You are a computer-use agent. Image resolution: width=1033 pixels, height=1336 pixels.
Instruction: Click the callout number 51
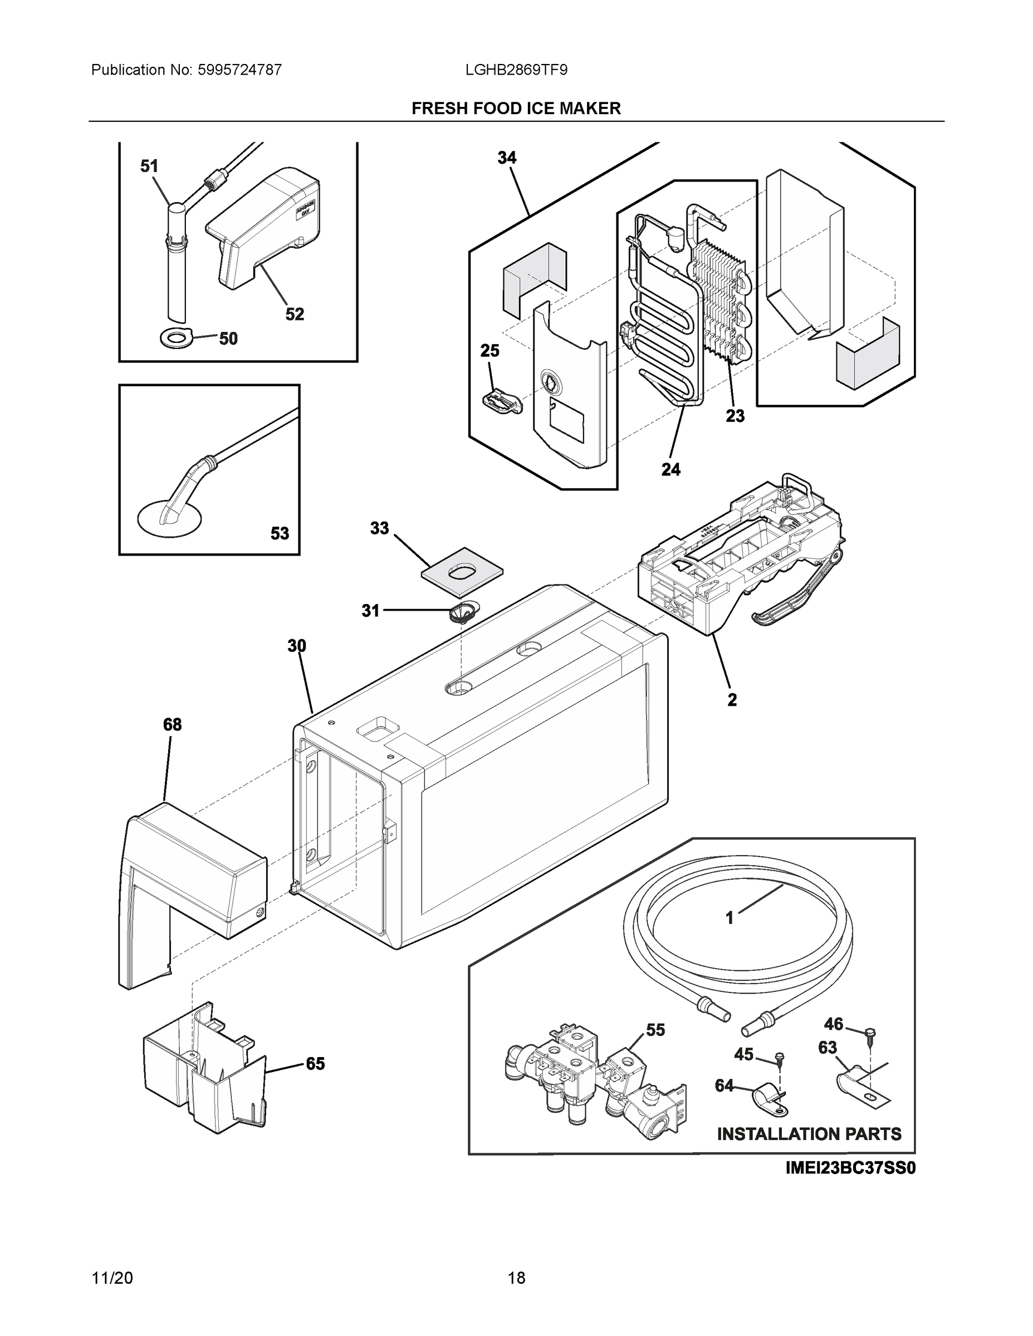pyautogui.click(x=149, y=166)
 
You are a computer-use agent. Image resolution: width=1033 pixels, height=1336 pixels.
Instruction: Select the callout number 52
pyautogui.click(x=295, y=314)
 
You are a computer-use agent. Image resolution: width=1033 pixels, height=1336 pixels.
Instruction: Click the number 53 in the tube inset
pyautogui.click(x=280, y=533)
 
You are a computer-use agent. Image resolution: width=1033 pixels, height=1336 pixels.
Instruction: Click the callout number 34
pyautogui.click(x=507, y=158)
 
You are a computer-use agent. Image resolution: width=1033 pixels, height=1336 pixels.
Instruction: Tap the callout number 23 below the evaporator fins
pyautogui.click(x=735, y=416)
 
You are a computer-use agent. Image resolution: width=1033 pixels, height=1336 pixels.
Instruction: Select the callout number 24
pyautogui.click(x=670, y=469)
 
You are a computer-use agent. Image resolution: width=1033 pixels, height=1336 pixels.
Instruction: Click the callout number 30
pyautogui.click(x=297, y=646)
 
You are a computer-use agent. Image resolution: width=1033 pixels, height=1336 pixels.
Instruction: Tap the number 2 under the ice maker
pyautogui.click(x=732, y=700)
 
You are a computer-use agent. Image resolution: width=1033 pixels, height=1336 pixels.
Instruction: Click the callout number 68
pyautogui.click(x=172, y=725)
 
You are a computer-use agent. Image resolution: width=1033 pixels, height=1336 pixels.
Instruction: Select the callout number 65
pyautogui.click(x=315, y=1064)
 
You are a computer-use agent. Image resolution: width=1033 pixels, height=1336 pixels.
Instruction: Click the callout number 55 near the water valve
pyautogui.click(x=655, y=1030)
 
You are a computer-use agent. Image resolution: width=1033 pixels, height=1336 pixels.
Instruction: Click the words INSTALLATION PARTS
pyautogui.click(x=809, y=1134)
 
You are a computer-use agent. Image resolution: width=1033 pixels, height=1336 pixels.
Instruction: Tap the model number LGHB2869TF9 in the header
pyautogui.click(x=516, y=70)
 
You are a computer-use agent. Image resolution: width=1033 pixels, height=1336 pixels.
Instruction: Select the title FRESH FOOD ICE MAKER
pyautogui.click(x=516, y=109)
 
